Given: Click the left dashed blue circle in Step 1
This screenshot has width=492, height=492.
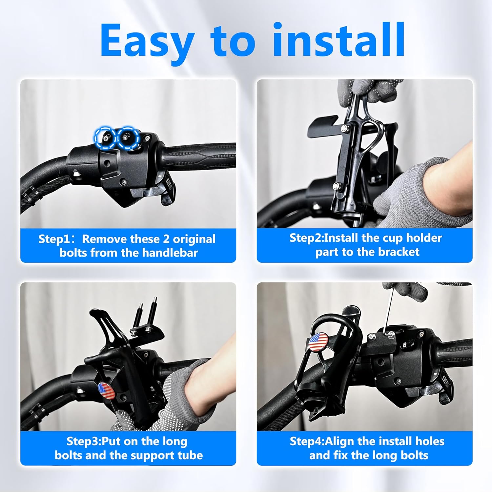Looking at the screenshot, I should [x=105, y=138].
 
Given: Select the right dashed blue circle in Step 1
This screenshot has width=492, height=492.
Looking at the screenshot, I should [x=127, y=137].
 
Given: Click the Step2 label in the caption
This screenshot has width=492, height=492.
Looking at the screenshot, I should [x=306, y=238].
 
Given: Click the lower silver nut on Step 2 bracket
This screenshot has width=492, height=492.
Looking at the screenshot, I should [x=336, y=186].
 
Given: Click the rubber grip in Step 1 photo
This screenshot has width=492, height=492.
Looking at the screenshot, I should [x=200, y=156].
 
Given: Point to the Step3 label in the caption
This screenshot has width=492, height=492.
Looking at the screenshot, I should [x=83, y=441].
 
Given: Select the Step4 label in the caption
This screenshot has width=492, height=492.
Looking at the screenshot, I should [x=306, y=441].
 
